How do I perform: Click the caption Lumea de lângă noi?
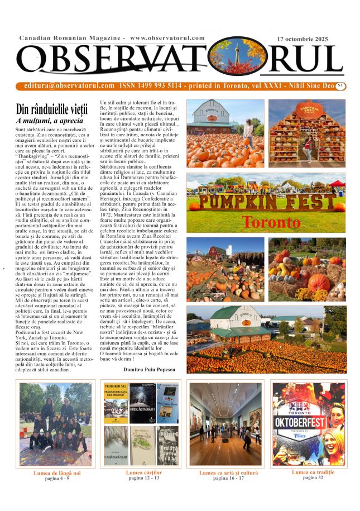pyautogui.click(x=57, y=473)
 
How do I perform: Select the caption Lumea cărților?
pyautogui.click(x=143, y=473)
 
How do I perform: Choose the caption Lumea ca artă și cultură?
pyautogui.click(x=229, y=473)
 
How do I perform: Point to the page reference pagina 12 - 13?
pyautogui.click(x=143, y=479)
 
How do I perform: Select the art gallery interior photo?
pyautogui.click(x=225, y=424)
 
